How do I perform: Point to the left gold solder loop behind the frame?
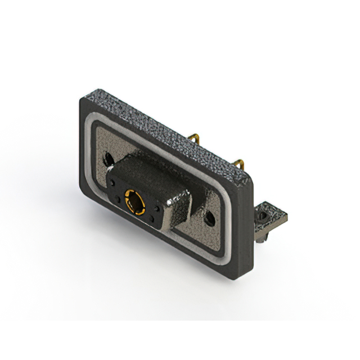[x=194, y=137]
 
